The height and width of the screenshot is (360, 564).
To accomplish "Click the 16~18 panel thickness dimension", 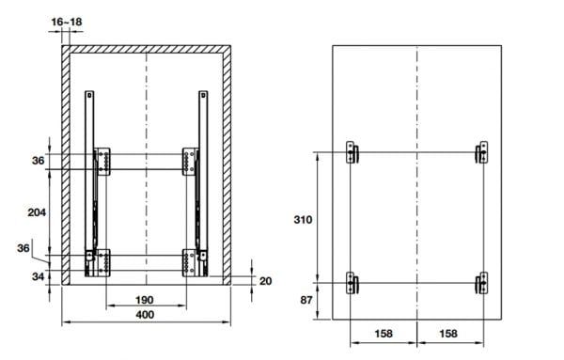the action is coord(67,22).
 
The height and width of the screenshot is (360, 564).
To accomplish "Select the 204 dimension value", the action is coord(37,212).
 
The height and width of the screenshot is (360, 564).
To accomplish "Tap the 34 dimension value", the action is coord(38,276).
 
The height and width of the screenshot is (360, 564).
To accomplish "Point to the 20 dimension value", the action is coord(265,281).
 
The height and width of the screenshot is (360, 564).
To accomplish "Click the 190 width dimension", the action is coord(145,300).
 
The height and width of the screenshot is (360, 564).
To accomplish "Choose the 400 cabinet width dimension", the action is coord(145,315).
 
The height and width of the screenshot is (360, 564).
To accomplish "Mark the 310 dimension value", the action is coord(303,219).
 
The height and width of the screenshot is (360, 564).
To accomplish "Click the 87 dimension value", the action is coord(306,300).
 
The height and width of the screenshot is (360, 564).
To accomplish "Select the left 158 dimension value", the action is coord(384,334).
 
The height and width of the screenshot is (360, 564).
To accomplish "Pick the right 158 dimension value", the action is coord(448,334).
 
